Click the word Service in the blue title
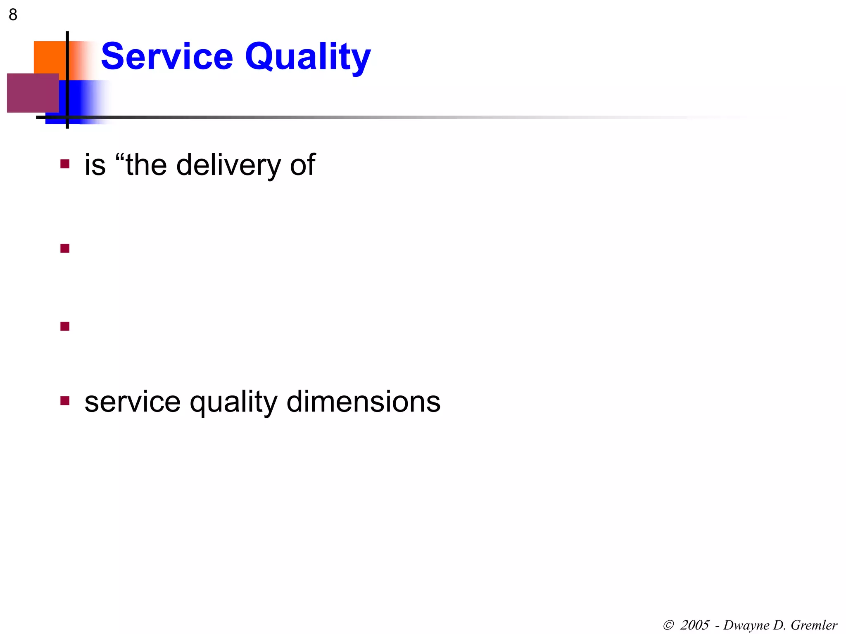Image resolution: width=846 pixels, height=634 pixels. click(167, 57)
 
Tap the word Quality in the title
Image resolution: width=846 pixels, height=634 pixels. click(308, 58)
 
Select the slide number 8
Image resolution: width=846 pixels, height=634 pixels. click(13, 15)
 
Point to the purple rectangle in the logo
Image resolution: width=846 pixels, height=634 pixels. click(33, 93)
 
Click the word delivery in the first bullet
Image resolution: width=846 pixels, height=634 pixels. click(229, 165)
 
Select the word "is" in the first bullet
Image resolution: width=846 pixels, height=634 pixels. click(95, 165)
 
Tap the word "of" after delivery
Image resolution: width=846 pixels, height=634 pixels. click(303, 165)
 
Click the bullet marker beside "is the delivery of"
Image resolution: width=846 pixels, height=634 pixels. click(65, 164)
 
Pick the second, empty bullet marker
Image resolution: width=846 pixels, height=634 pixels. click(65, 248)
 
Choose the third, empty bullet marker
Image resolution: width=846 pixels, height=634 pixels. click(65, 326)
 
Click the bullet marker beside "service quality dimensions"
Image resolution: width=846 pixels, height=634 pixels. click(65, 401)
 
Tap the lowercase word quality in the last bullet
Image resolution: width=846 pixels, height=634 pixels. click(233, 403)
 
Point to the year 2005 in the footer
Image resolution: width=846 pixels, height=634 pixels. click(695, 625)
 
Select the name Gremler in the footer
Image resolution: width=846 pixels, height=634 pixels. click(814, 625)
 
